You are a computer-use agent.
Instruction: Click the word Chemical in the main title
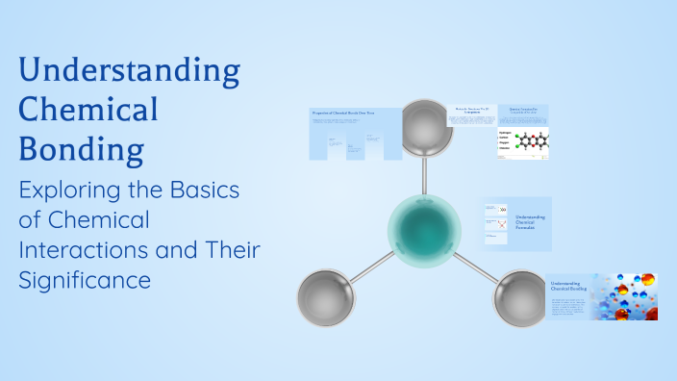pos(88,110)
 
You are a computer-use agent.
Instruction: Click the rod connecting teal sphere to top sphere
pos(424,173)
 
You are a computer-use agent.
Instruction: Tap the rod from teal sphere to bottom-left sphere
pos(370,267)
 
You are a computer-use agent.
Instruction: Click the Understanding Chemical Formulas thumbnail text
pos(530,224)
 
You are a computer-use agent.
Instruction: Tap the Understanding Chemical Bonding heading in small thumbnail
pos(568,287)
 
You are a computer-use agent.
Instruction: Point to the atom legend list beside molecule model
pos(505,141)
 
